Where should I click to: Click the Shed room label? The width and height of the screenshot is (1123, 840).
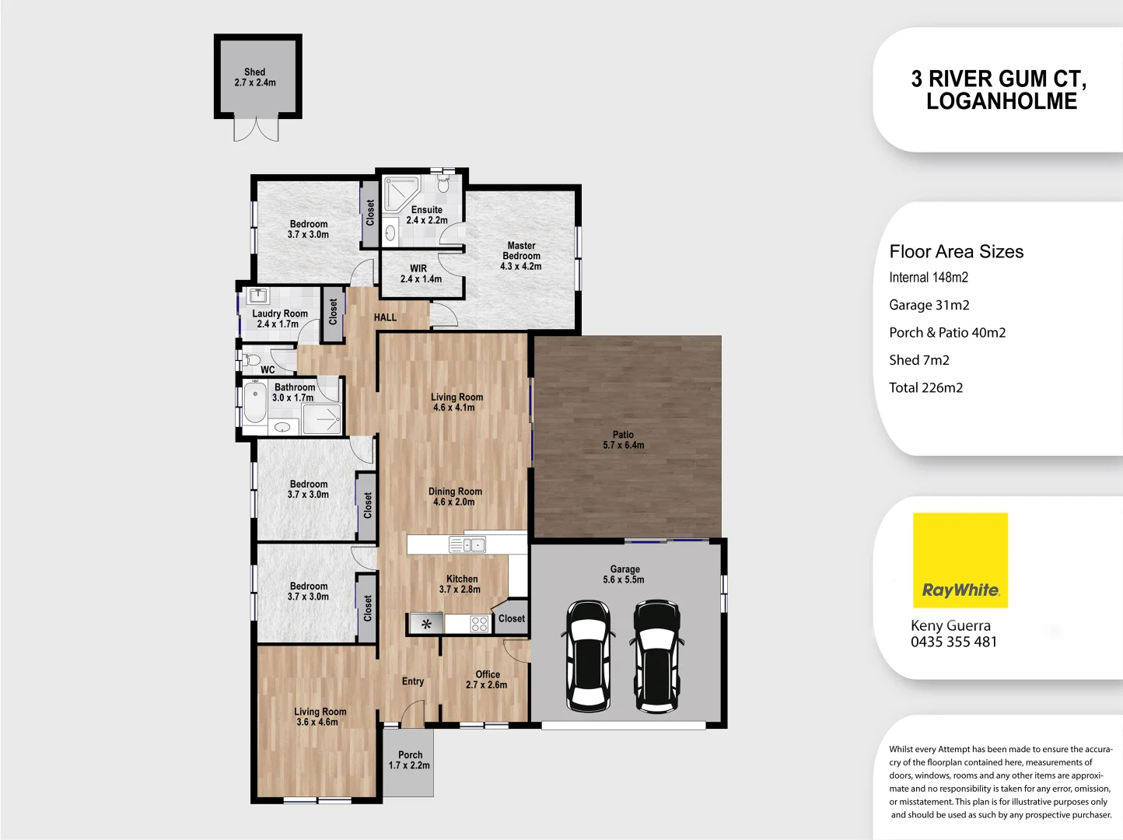point(255,77)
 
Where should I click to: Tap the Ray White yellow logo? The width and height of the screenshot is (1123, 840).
point(960,560)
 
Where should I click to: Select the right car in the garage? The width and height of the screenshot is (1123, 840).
point(657,655)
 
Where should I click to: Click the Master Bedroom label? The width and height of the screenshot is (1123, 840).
point(521,256)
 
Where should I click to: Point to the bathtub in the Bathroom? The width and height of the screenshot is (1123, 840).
point(254,403)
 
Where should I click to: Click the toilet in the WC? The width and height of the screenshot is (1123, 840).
point(250,360)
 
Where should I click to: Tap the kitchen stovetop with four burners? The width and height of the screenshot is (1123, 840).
point(479,623)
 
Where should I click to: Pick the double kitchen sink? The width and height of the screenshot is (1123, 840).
point(467,544)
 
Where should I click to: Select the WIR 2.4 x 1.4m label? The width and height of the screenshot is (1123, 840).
point(420,274)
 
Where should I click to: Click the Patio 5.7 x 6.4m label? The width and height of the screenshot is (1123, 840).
point(623,440)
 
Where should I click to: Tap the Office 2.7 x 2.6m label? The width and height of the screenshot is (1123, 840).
point(487,680)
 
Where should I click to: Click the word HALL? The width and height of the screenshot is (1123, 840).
point(385,317)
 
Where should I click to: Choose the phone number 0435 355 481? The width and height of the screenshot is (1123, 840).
point(953,642)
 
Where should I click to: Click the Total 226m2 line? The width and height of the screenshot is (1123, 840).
point(925,387)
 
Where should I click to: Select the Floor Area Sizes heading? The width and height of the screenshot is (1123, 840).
point(956,251)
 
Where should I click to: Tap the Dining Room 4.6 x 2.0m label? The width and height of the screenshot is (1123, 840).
point(455,496)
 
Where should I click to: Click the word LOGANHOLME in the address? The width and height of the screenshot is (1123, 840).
point(1001,101)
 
